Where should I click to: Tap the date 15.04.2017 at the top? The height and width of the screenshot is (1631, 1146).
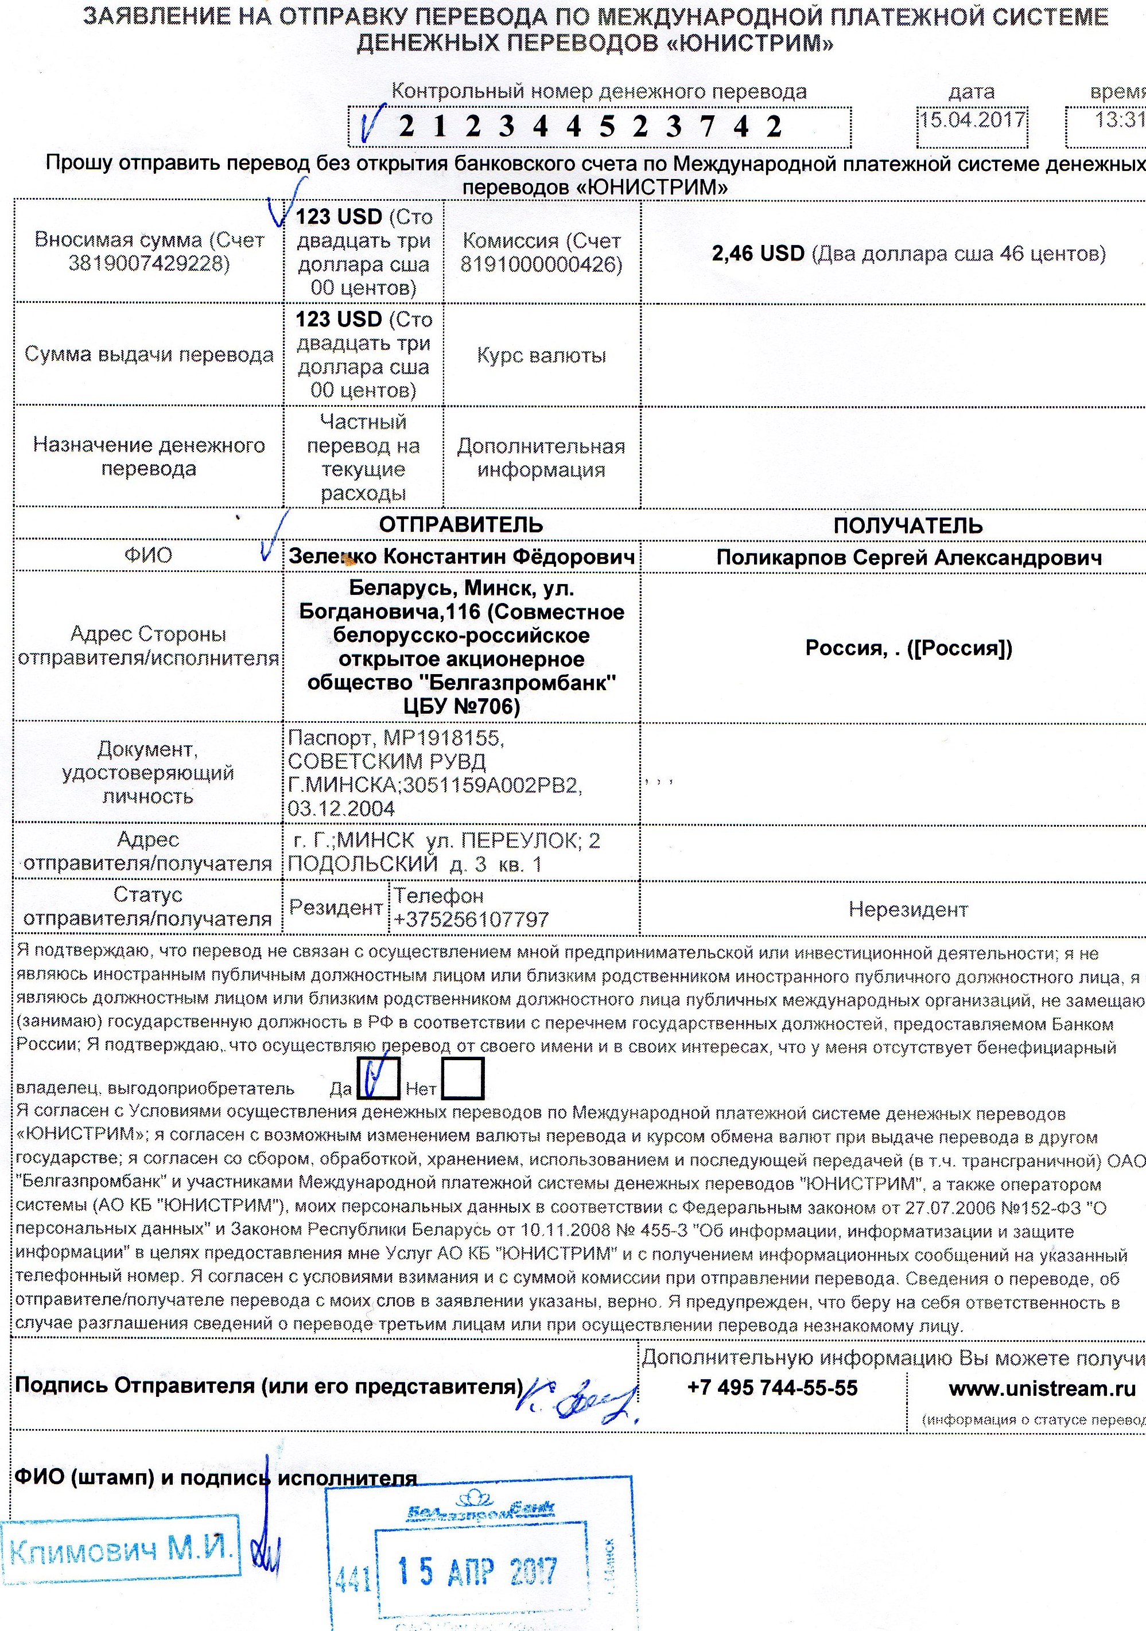[973, 119]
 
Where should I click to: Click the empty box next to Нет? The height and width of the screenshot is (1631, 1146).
[463, 1079]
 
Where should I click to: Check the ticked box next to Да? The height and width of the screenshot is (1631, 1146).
[376, 1079]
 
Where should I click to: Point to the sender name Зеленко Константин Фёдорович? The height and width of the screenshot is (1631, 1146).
[462, 557]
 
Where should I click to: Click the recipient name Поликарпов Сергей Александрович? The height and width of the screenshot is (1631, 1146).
[908, 558]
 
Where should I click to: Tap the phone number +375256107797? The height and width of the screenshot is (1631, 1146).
[471, 919]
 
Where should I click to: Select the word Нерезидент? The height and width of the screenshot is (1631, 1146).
[908, 909]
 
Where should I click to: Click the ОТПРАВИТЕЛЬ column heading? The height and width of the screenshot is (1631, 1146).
[461, 525]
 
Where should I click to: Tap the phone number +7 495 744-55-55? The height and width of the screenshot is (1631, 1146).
[772, 1387]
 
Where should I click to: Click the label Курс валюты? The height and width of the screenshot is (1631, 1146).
[541, 355]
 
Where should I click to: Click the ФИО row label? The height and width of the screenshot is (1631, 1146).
[148, 555]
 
